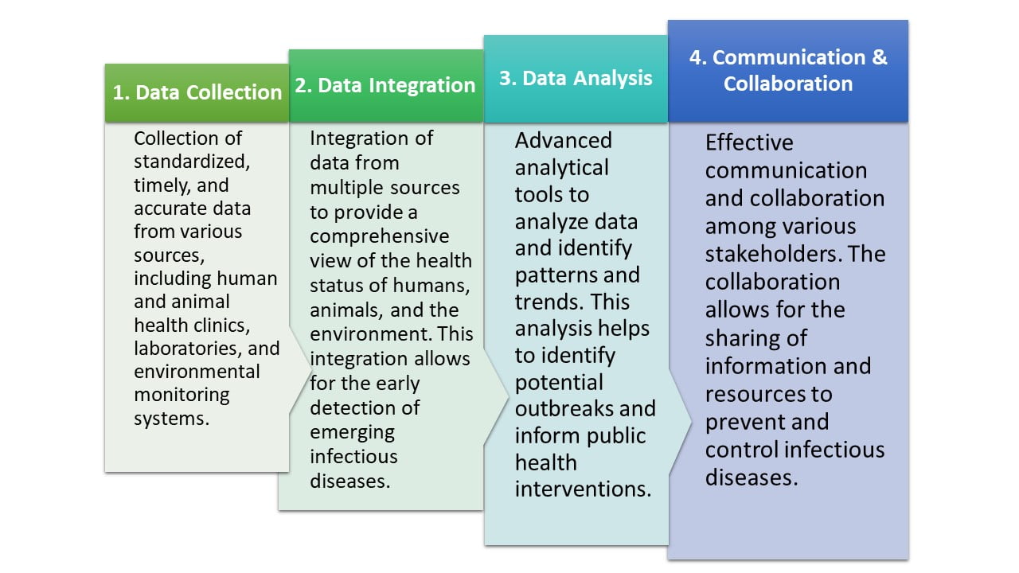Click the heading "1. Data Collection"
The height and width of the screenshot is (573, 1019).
(x=197, y=92)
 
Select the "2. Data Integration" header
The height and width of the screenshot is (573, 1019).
(x=385, y=86)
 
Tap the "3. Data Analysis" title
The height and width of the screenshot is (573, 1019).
(x=576, y=78)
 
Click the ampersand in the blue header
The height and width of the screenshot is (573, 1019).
(x=877, y=57)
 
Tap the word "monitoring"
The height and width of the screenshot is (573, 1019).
(x=182, y=395)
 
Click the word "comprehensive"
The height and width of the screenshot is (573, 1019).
(x=379, y=236)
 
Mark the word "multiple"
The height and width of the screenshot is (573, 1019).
(x=344, y=188)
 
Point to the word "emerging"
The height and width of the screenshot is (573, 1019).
(x=352, y=432)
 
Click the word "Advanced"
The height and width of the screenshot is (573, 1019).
(x=563, y=141)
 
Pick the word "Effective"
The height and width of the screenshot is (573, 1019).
(x=748, y=143)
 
